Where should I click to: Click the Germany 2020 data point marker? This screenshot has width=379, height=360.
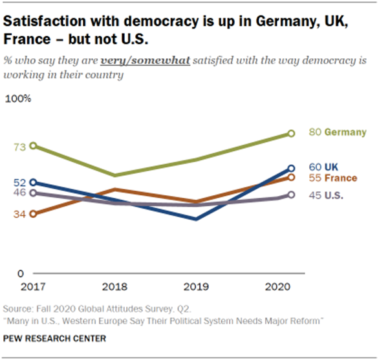coord(291,133)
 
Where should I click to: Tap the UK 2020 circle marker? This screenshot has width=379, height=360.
coord(291,169)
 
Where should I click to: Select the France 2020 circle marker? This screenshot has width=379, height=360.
coord(291,177)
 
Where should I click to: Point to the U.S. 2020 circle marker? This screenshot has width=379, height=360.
coord(291,195)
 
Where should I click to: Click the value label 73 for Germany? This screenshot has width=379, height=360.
coord(19,147)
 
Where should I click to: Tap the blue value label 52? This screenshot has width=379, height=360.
coord(19,183)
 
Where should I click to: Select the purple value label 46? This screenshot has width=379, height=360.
coord(19,193)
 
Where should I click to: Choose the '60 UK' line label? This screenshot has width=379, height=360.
coord(324,166)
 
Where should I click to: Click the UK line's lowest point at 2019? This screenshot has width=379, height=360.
coord(197,219)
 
